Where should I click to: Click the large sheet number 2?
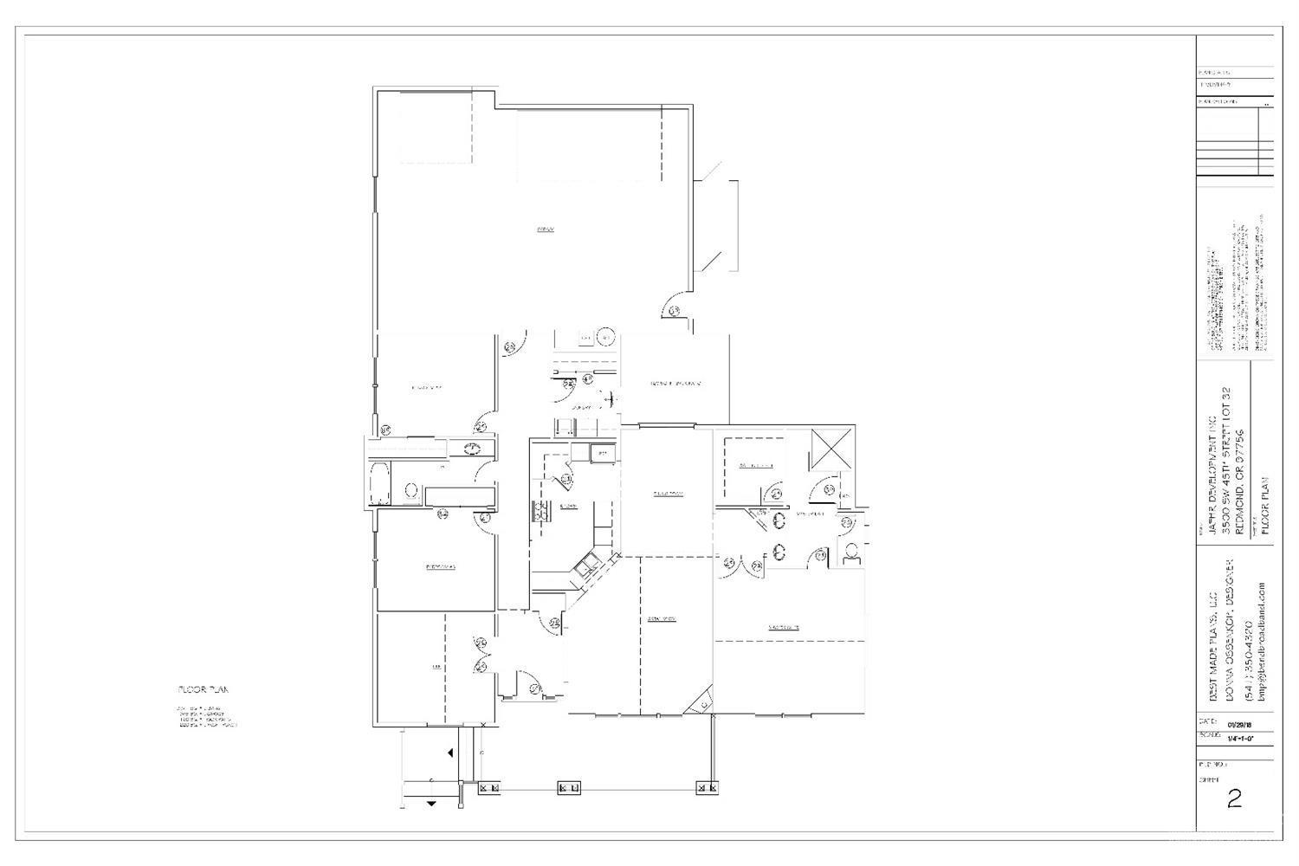(x=1234, y=798)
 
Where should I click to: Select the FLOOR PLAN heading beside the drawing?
(x=200, y=690)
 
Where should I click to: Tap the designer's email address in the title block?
(x=1262, y=641)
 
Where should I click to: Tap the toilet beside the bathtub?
(x=411, y=490)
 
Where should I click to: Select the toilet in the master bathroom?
(x=851, y=551)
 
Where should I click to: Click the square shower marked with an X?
(x=831, y=450)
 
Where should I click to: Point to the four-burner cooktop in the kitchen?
(x=543, y=510)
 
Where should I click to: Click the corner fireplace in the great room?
(x=701, y=701)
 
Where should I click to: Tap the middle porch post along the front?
(x=569, y=788)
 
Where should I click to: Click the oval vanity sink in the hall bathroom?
(x=473, y=449)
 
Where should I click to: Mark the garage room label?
(x=545, y=229)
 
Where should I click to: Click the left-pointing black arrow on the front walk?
(x=450, y=753)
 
